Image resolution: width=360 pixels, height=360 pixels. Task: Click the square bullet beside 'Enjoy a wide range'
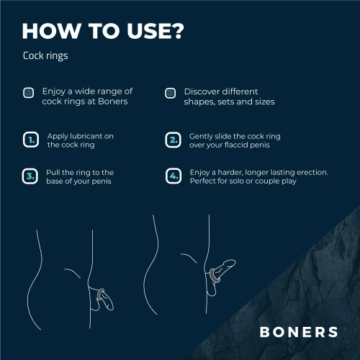29,93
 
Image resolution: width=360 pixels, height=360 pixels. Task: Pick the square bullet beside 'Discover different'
170,93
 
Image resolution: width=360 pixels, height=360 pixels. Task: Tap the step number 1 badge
30,140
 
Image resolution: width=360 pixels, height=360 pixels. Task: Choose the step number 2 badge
173,140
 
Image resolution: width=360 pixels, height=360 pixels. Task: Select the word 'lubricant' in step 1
91,135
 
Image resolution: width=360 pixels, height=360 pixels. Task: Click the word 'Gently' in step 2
202,135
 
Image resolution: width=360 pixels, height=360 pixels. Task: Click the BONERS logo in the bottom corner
298,332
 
